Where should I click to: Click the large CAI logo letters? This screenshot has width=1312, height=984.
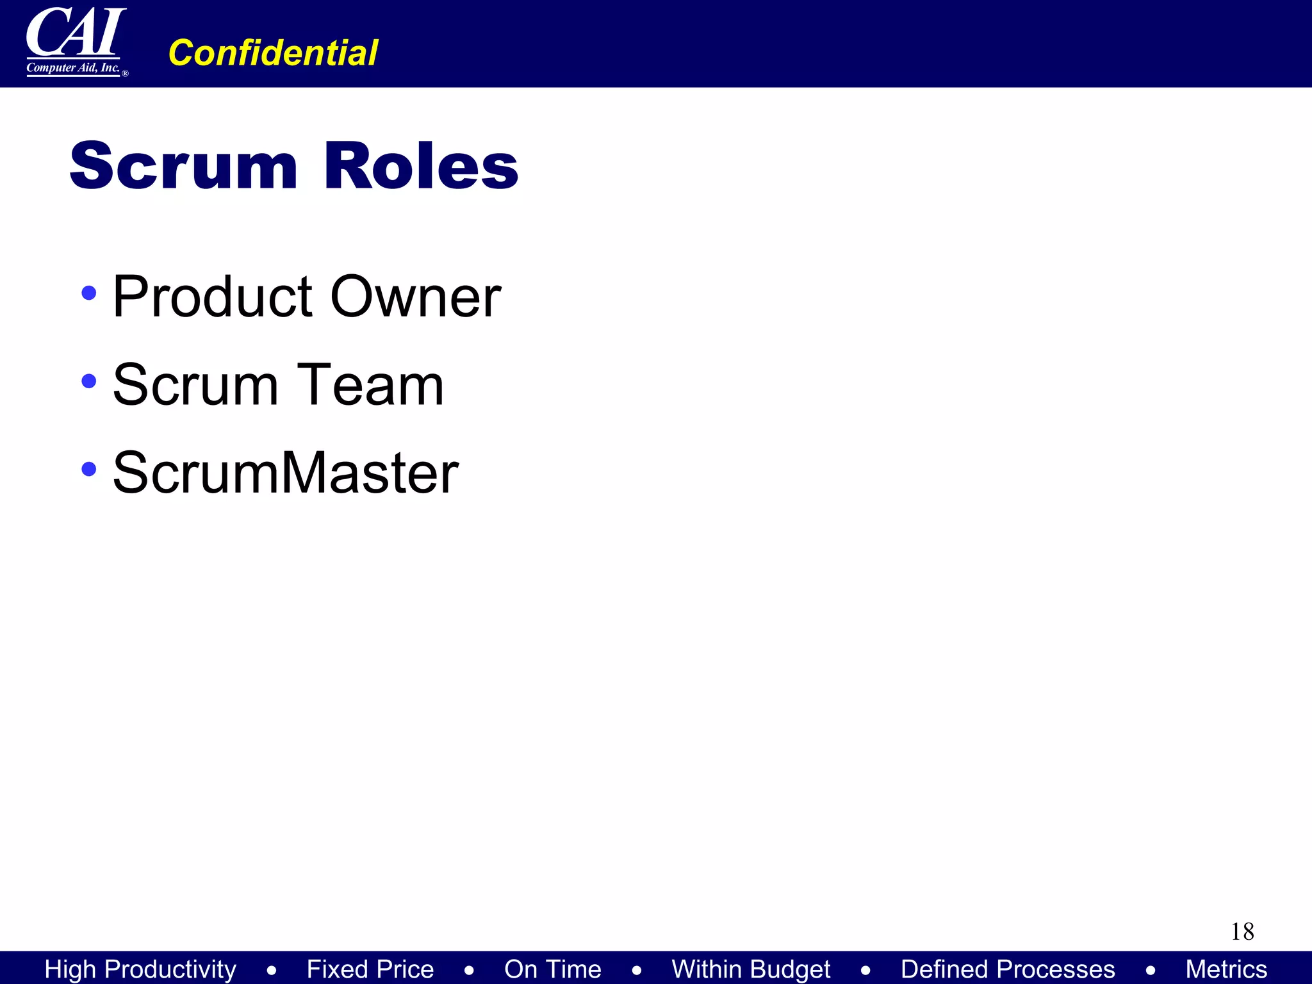[76, 32]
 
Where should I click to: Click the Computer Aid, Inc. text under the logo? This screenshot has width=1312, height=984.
[73, 68]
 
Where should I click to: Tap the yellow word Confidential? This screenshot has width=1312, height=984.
[273, 53]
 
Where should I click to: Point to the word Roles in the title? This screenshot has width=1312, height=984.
[421, 166]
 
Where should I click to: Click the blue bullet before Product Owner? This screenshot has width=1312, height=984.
[89, 293]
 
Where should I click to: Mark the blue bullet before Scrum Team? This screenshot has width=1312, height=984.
[89, 381]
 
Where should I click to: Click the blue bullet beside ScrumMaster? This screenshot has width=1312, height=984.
[89, 469]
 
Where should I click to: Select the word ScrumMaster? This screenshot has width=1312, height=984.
[286, 473]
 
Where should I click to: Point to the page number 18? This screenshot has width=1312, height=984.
[1242, 931]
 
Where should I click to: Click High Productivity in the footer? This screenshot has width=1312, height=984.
[140, 969]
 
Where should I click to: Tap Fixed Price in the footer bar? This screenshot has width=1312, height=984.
[370, 969]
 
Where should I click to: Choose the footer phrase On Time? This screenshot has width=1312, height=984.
[553, 969]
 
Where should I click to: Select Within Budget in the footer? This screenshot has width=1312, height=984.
[751, 969]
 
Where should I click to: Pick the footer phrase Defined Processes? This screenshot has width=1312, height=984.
[1008, 969]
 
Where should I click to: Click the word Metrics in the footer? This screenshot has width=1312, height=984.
[1226, 969]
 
